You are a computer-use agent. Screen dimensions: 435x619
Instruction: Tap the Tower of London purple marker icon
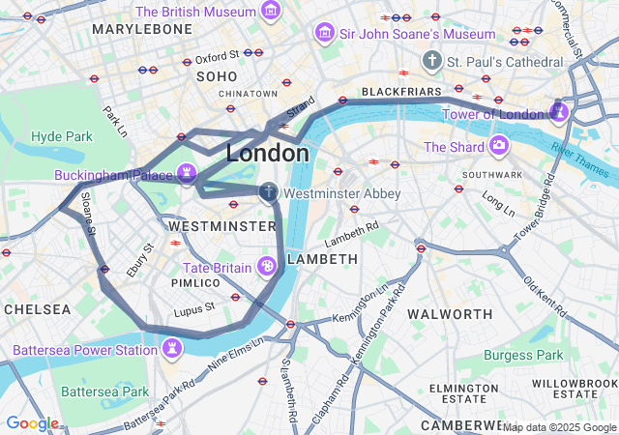point(559,113)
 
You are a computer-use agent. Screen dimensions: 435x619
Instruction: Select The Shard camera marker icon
point(499,146)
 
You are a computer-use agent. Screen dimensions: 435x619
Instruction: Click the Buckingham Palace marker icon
point(187,175)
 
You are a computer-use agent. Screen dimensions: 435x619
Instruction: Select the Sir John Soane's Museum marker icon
point(324,33)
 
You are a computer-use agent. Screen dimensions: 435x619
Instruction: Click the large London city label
point(268,153)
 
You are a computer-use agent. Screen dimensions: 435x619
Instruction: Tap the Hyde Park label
point(61,137)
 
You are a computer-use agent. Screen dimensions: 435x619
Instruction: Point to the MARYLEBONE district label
point(142,30)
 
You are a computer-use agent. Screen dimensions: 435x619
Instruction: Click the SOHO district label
point(217,75)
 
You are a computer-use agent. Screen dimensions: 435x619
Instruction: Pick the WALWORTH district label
point(450,314)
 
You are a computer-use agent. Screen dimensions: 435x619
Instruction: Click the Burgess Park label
point(523,356)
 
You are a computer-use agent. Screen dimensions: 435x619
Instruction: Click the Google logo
point(32,422)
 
